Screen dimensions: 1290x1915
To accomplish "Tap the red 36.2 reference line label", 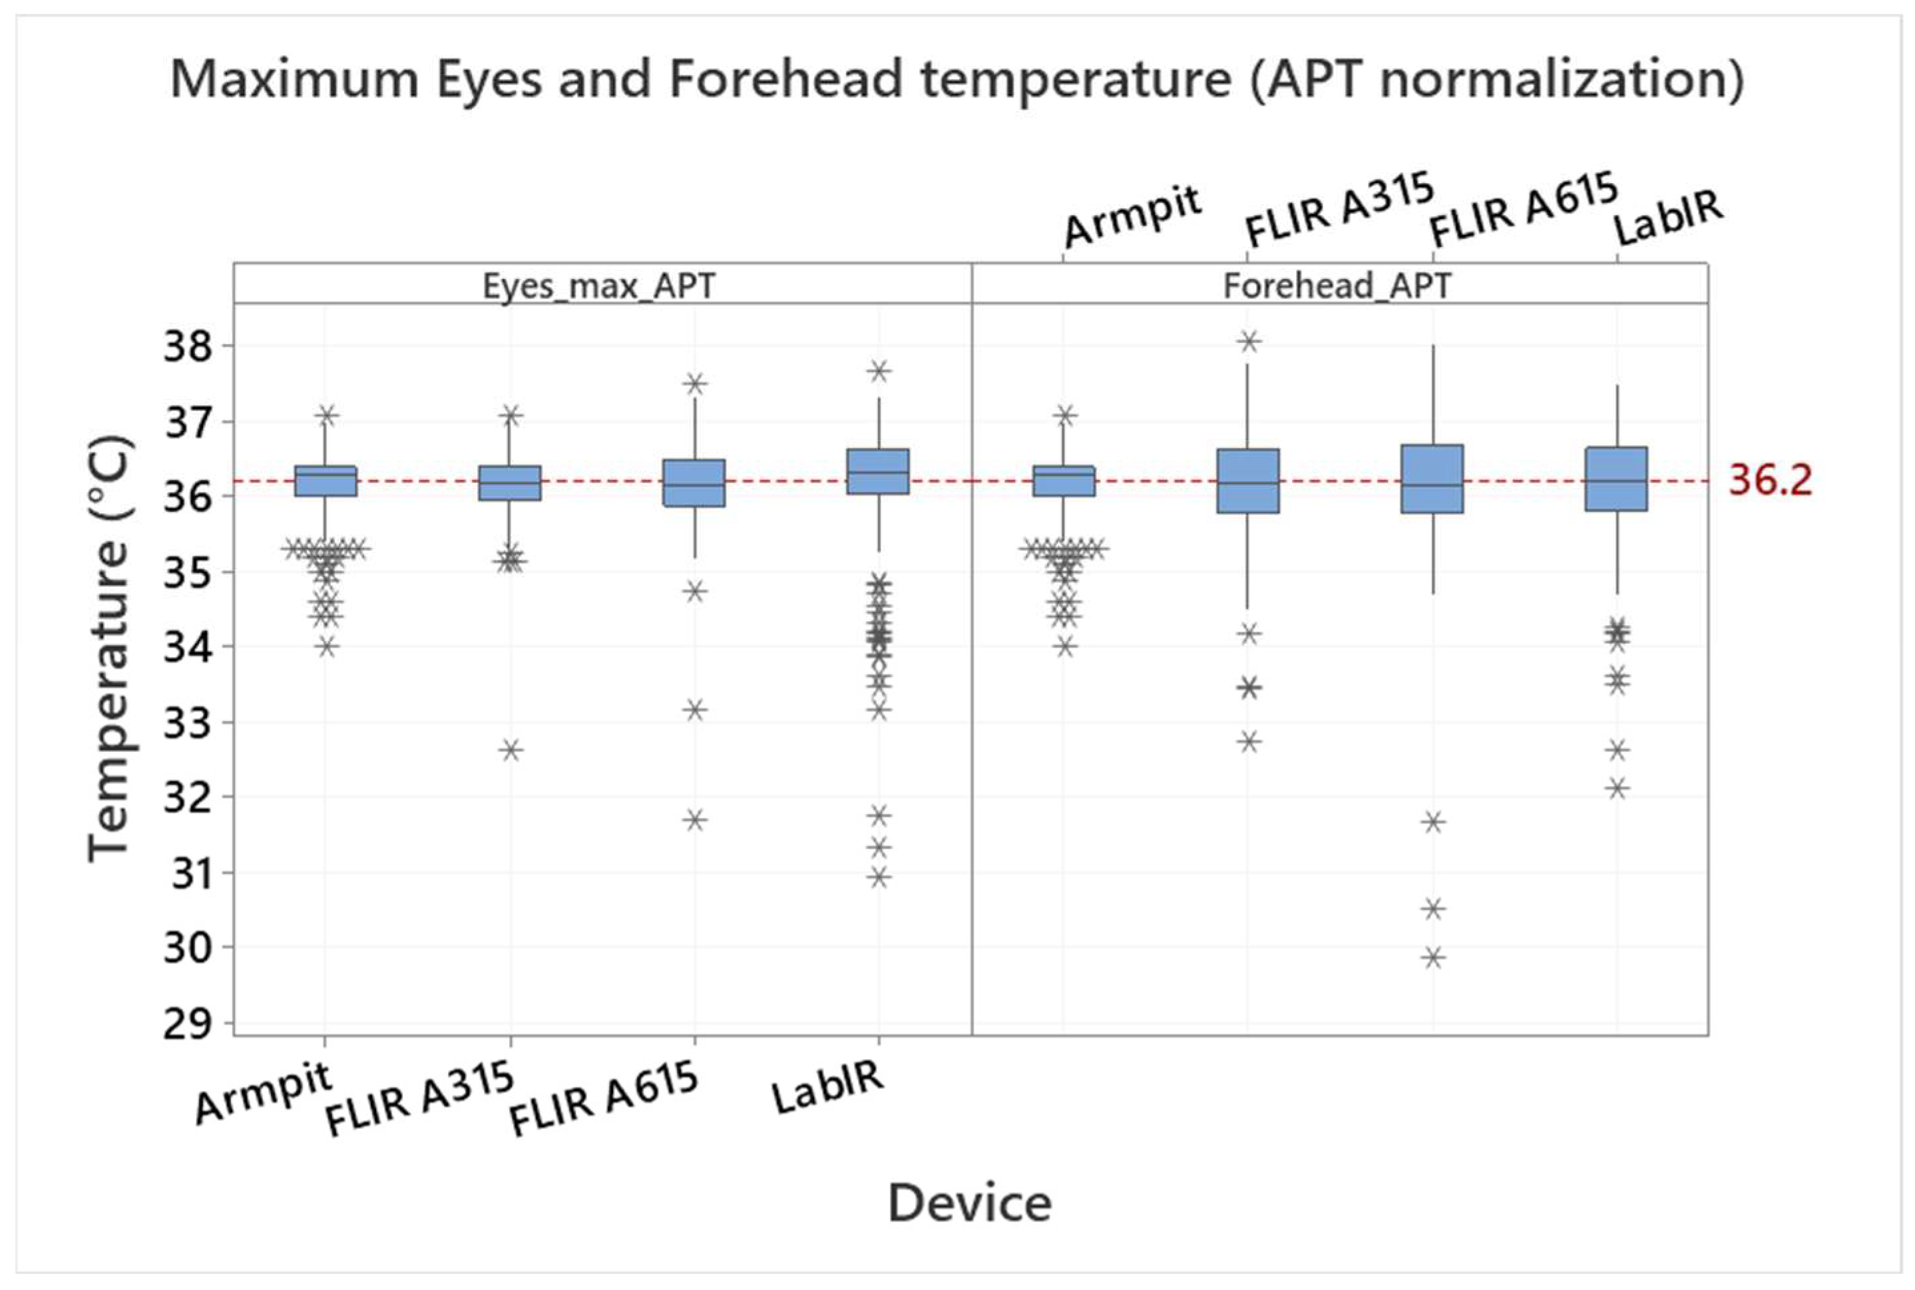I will click(x=1769, y=480).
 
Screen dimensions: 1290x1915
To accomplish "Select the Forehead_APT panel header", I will click(x=1337, y=286).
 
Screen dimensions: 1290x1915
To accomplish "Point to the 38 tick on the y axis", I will click(x=188, y=346).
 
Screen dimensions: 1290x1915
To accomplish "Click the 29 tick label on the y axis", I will click(x=188, y=1024).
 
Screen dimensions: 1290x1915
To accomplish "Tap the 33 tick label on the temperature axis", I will click(x=188, y=723).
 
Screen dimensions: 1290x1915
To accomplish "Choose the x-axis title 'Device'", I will click(x=969, y=1203).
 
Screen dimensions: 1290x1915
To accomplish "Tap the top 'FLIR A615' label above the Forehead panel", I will click(x=1524, y=210).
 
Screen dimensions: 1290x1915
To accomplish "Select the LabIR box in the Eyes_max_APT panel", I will click(x=879, y=471).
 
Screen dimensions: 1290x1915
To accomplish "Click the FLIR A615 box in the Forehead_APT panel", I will click(x=1433, y=479).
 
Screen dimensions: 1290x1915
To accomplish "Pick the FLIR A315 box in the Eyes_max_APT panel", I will click(x=511, y=483).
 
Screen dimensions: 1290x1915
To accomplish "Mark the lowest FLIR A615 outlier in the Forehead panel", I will click(x=1434, y=957).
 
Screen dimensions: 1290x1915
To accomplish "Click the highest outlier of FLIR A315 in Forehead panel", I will click(x=1249, y=341).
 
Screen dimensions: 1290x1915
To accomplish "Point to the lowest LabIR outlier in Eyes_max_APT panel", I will click(x=879, y=877).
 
